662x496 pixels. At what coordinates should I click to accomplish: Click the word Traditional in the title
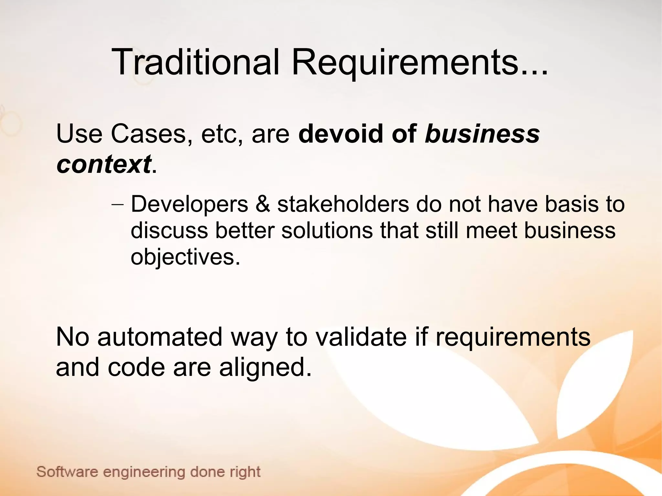coord(195,62)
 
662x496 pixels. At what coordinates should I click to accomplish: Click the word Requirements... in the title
coord(420,62)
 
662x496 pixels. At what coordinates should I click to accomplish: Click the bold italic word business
coord(482,134)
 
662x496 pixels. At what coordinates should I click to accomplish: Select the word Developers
coord(189,205)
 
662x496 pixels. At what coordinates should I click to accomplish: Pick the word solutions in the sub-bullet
coord(327,231)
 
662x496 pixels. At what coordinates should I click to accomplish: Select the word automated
coord(160,337)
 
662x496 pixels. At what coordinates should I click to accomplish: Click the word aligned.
coord(265,368)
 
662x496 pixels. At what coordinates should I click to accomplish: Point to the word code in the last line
coord(136,368)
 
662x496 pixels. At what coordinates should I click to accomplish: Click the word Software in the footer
coord(67,472)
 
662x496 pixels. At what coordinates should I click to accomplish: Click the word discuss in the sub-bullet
coord(169,231)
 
